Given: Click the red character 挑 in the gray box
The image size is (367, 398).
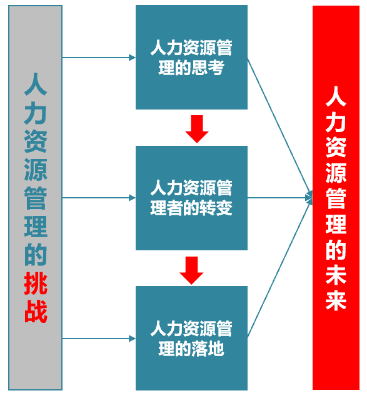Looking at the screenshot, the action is (36, 283).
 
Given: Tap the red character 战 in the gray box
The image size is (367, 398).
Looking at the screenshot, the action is (36, 311).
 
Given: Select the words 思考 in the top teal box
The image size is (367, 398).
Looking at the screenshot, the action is (208, 68).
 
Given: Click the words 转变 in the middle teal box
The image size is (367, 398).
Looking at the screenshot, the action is (216, 208).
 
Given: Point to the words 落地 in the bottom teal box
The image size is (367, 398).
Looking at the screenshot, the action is (208, 349).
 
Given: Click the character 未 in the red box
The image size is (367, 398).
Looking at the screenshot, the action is (336, 275).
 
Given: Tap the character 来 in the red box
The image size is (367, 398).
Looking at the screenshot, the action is (336, 300).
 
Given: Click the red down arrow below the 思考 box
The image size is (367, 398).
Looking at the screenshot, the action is (197, 129).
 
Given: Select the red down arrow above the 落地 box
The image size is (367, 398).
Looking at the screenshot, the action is (191, 270).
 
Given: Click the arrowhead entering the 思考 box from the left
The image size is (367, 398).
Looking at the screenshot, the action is (132, 58).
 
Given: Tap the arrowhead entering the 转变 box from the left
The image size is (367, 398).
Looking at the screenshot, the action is (132, 198).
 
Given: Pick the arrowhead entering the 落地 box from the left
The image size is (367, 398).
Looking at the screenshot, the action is (132, 339).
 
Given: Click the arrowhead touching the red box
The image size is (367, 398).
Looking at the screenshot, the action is (309, 198).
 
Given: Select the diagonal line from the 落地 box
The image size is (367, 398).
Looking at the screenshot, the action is (279, 268).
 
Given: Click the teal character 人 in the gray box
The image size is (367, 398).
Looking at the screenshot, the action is (36, 84).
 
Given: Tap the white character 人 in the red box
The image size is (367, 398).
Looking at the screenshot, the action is (336, 96).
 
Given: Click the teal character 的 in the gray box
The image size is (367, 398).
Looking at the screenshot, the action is (36, 255).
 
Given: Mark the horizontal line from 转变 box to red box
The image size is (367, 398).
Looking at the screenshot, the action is (276, 198).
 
